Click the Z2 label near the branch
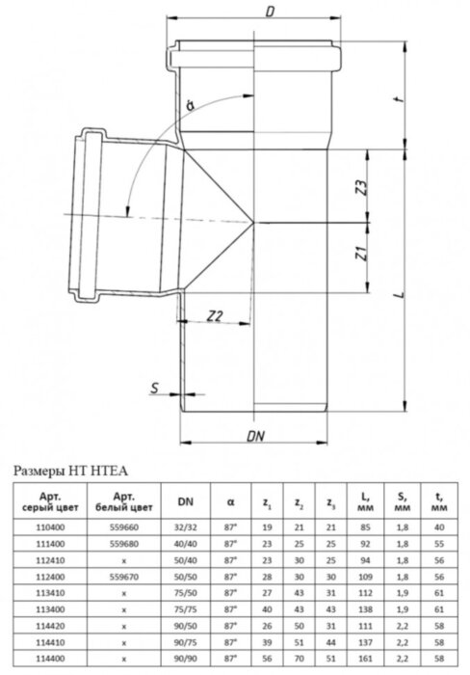tap(215, 315)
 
